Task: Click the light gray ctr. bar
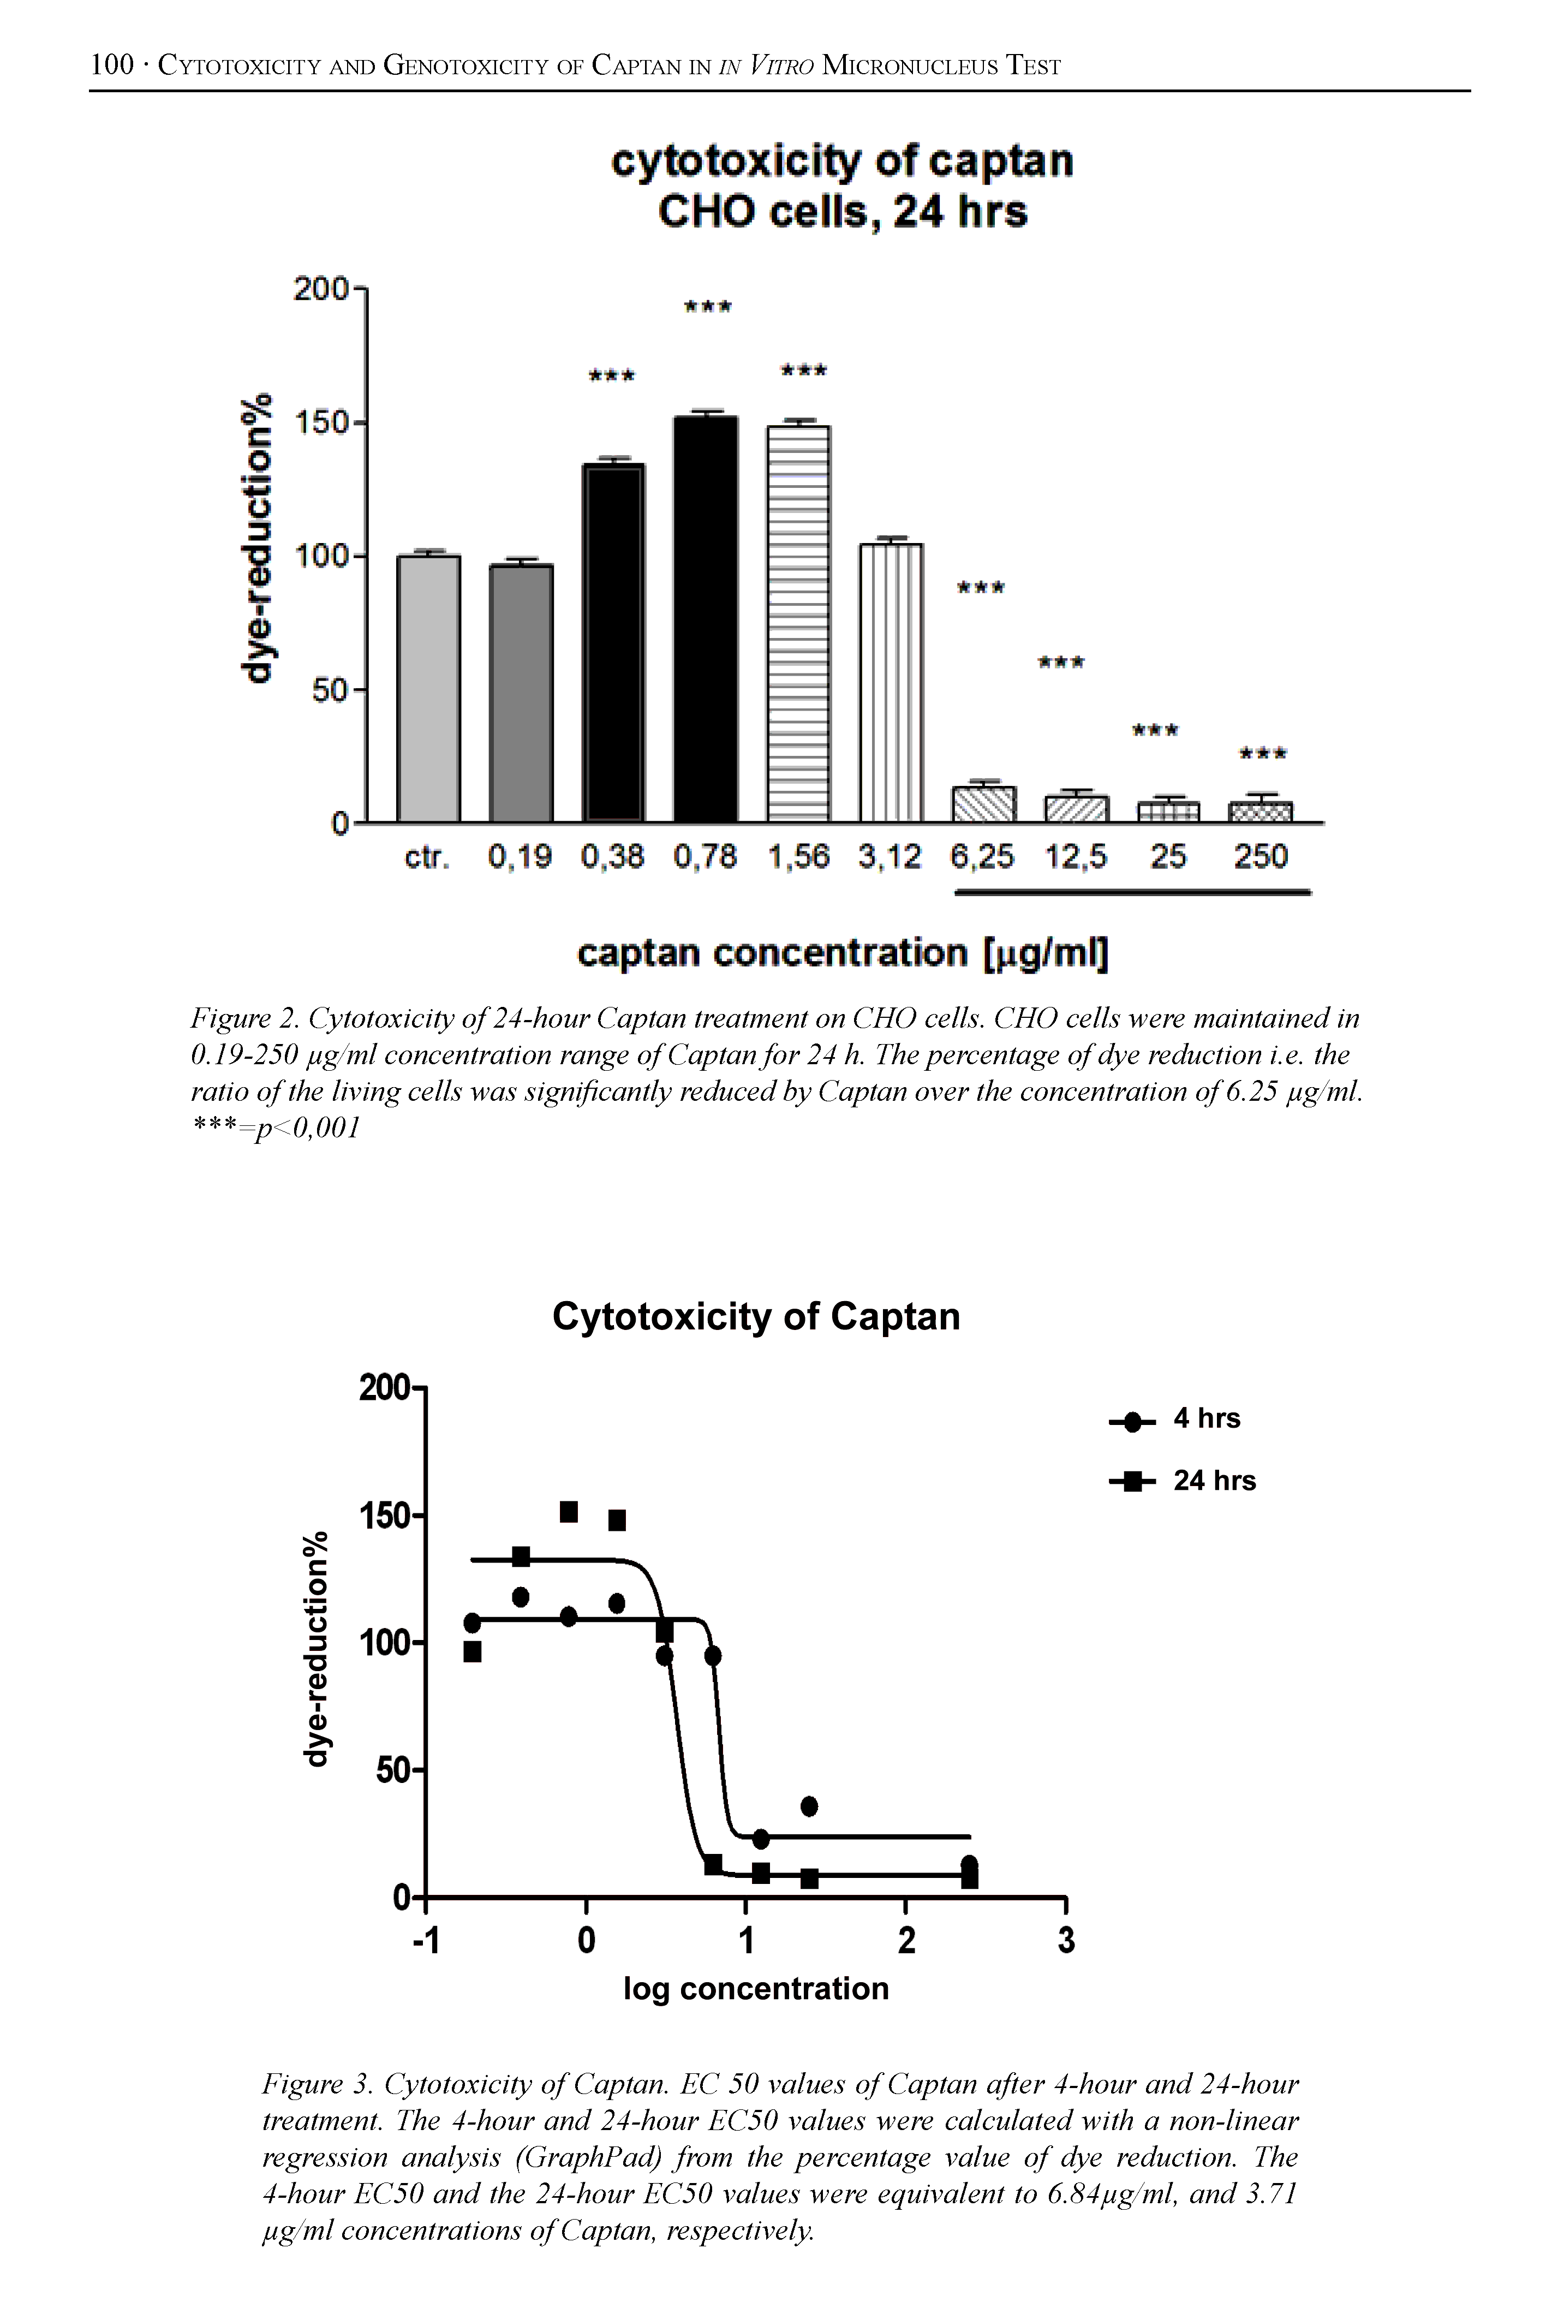pyautogui.click(x=428, y=688)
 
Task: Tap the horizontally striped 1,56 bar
pyautogui.click(x=799, y=623)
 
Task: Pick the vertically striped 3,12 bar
pyautogui.click(x=891, y=683)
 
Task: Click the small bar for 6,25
pyautogui.click(x=983, y=804)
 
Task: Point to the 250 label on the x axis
pyautogui.click(x=1260, y=856)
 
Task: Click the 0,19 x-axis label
pyautogui.click(x=520, y=856)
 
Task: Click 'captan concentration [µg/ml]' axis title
pyautogui.click(x=843, y=953)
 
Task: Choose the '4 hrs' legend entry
pyautogui.click(x=1205, y=1418)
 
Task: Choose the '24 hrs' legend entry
pyautogui.click(x=1214, y=1481)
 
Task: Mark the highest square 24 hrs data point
pyautogui.click(x=568, y=1511)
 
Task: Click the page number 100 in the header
pyautogui.click(x=111, y=65)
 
